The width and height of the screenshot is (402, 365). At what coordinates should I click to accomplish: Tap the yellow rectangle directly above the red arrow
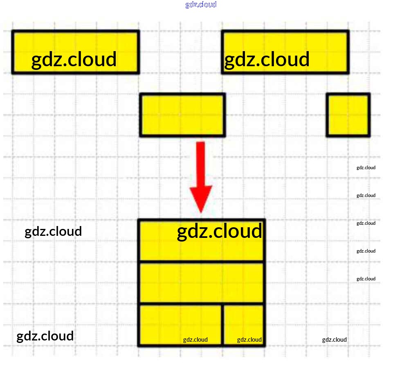(x=182, y=115)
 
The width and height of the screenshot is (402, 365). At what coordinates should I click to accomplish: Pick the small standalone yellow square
(x=348, y=115)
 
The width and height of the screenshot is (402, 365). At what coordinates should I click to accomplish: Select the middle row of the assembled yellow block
(x=202, y=282)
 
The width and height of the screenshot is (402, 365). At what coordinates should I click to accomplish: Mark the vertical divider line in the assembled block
(x=222, y=325)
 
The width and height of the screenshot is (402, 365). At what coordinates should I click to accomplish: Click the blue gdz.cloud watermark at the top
(x=201, y=4)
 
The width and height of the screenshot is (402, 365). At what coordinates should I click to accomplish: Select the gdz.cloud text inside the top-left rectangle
(x=74, y=59)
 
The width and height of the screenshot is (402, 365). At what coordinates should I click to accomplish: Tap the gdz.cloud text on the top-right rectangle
(x=267, y=59)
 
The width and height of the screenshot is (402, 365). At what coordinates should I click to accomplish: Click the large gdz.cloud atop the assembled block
(x=219, y=231)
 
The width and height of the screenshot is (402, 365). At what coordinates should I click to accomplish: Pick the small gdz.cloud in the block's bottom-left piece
(x=195, y=340)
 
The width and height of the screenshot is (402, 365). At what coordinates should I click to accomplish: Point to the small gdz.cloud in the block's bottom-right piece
(x=249, y=340)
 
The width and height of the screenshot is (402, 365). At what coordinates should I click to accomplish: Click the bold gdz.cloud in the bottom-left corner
(x=45, y=336)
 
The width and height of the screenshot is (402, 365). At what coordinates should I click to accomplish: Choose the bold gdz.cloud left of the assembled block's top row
(x=53, y=231)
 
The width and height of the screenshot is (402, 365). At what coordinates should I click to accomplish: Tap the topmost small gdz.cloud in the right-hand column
(x=366, y=168)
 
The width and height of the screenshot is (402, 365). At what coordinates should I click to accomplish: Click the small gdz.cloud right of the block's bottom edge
(x=335, y=340)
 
